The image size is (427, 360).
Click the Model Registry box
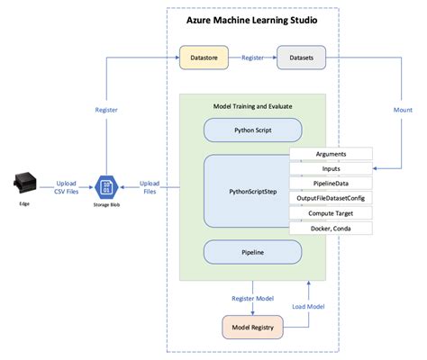[x=251, y=328]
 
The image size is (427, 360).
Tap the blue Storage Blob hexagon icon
[x=107, y=188]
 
